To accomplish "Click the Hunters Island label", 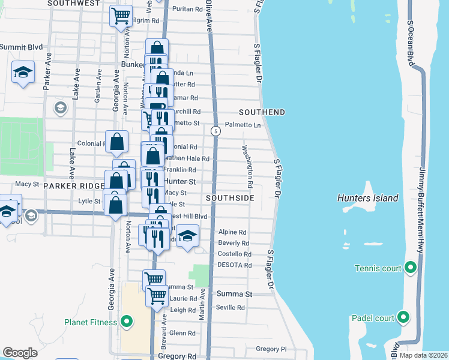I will (x=368, y=198).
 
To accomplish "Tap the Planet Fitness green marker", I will (x=126, y=323).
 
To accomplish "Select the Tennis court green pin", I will (x=411, y=268).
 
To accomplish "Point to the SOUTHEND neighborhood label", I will (x=262, y=113).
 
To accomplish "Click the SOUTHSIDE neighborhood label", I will (x=231, y=197).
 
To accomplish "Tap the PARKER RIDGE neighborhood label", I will (x=74, y=187).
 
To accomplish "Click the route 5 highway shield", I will (x=215, y=130).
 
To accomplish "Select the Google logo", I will (x=20, y=352).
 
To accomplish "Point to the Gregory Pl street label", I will (x=271, y=349).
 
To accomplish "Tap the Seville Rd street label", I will (x=231, y=308).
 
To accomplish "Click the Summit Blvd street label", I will (x=21, y=47).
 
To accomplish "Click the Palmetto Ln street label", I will (x=243, y=125).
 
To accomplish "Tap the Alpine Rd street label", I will (x=232, y=232).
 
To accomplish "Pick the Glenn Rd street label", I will (x=183, y=333).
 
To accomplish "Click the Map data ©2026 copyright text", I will (x=424, y=355).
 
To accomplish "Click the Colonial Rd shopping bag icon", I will (x=118, y=142).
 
